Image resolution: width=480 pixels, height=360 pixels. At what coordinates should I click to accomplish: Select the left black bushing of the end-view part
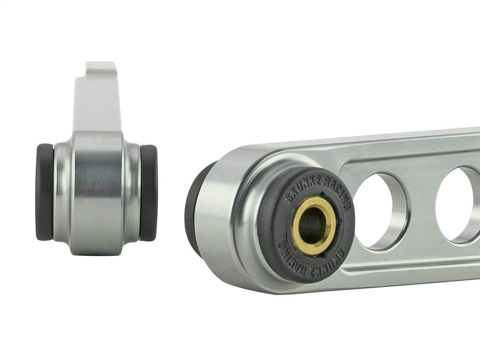coord(44,192)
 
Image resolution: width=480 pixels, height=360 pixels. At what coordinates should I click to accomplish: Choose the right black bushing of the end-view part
coord(149,193)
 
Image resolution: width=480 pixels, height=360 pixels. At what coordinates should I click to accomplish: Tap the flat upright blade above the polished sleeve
coord(97,103)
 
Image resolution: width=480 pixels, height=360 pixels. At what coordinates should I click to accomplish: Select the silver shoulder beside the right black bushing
coord(133,193)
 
